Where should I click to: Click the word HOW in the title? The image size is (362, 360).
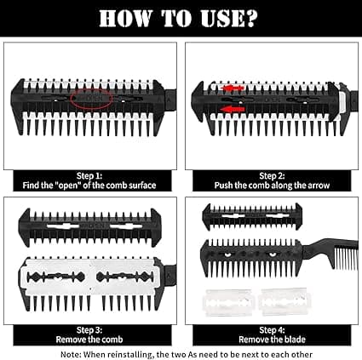124,19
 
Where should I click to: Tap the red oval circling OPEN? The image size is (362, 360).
91,98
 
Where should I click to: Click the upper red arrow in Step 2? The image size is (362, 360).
233,89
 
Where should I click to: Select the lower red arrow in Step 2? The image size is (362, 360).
233,109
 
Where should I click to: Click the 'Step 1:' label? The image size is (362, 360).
89,176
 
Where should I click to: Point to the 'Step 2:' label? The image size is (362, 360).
272,176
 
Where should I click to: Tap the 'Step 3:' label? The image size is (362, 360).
89,330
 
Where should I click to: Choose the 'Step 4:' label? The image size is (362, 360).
272,330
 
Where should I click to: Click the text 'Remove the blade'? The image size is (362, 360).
272,340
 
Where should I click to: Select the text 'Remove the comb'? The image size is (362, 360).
89,340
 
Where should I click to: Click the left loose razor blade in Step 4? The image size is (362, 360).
227,303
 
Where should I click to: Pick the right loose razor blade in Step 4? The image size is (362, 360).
285,302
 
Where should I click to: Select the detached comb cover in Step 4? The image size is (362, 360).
252,216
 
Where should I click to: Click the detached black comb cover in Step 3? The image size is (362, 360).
89,227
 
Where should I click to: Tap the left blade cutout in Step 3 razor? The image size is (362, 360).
56,277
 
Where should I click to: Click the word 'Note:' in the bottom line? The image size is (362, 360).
71,355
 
